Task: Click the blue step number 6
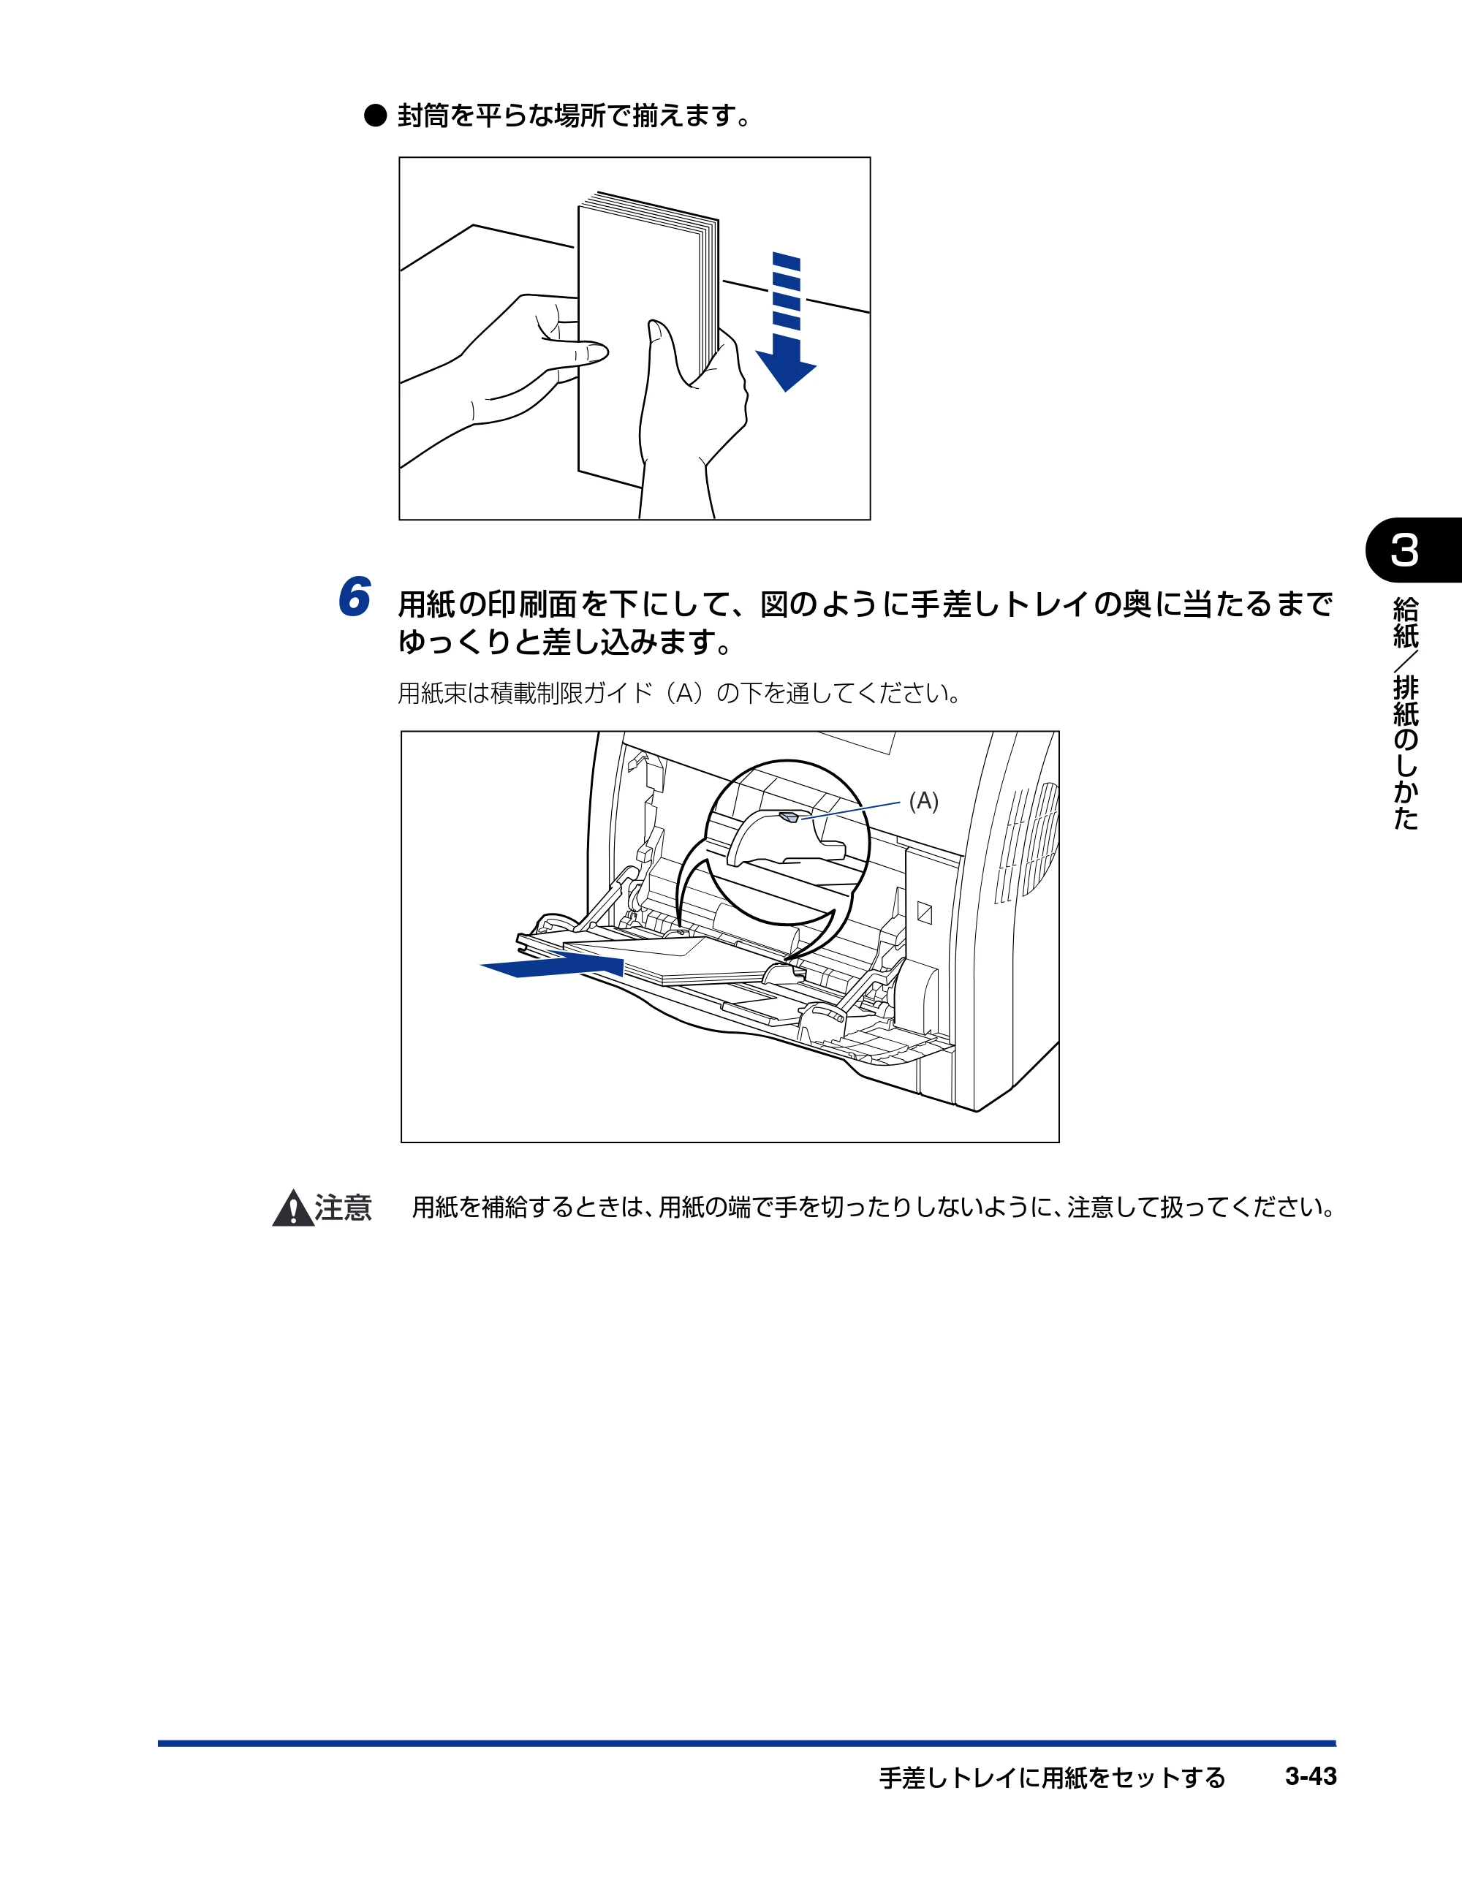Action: tap(354, 596)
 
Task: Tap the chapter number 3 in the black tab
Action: tap(1404, 551)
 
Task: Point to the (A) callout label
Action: tap(924, 800)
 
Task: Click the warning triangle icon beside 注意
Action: tap(292, 1208)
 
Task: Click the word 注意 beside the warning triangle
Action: tap(344, 1208)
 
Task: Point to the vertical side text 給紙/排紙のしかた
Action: tap(1405, 713)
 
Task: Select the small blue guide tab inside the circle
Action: tap(789, 815)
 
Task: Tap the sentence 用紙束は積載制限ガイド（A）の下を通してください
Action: tap(678, 693)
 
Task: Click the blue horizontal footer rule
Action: tap(746, 1743)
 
